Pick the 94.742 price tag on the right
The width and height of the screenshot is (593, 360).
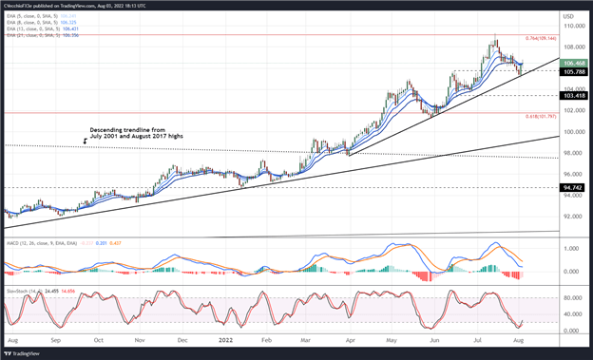pos(572,188)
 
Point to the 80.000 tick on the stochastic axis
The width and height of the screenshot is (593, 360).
pos(572,297)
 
